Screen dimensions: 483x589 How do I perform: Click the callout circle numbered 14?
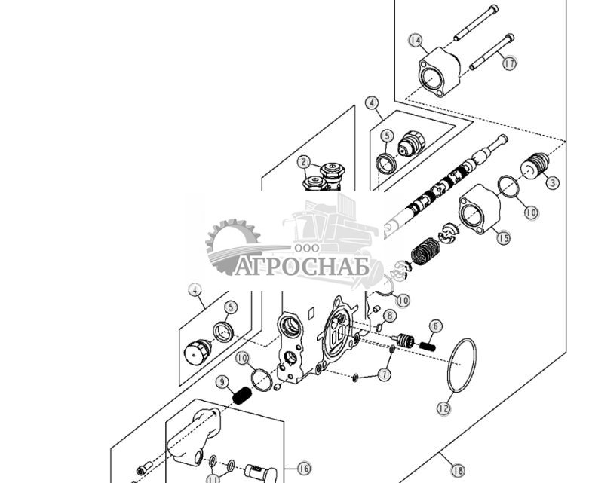coord(416,40)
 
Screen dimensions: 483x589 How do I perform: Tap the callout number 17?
coord(510,63)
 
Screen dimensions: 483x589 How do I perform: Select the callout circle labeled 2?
coord(303,161)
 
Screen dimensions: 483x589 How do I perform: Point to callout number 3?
coord(552,182)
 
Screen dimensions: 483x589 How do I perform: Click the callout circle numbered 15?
coord(502,237)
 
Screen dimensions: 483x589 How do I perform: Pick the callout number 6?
coord(435,326)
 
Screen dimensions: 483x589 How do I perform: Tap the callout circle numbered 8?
coord(389,316)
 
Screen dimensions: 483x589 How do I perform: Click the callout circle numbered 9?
coord(222,382)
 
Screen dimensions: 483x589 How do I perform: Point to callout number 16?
coord(303,469)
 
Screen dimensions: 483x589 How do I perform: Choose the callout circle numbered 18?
coord(457,470)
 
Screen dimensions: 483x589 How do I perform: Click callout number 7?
coord(385,374)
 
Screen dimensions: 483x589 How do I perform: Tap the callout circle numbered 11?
coord(213,478)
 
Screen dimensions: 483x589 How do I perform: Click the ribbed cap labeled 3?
coord(535,165)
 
